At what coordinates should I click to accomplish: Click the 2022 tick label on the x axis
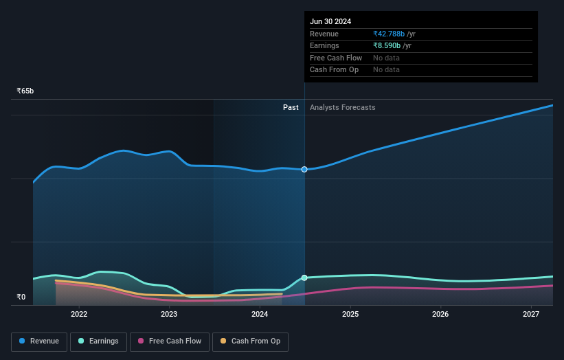click(x=79, y=314)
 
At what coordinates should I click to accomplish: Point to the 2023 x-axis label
click(x=169, y=314)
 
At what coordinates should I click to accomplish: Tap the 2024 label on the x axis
click(x=260, y=314)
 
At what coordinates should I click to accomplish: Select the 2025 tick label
click(x=350, y=314)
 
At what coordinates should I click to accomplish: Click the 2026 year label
click(x=440, y=314)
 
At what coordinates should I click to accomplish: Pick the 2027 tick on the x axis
click(x=531, y=314)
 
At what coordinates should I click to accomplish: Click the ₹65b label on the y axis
click(x=25, y=91)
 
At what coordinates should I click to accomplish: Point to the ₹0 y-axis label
click(x=21, y=297)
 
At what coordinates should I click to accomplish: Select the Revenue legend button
click(x=39, y=341)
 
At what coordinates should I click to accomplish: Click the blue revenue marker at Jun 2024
click(x=304, y=169)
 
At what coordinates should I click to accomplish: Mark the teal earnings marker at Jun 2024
click(x=304, y=278)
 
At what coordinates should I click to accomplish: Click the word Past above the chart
click(x=291, y=107)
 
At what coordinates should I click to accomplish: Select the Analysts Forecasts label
click(x=343, y=107)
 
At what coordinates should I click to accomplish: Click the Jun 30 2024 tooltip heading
click(x=330, y=21)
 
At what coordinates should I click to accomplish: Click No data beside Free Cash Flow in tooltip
click(x=386, y=58)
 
